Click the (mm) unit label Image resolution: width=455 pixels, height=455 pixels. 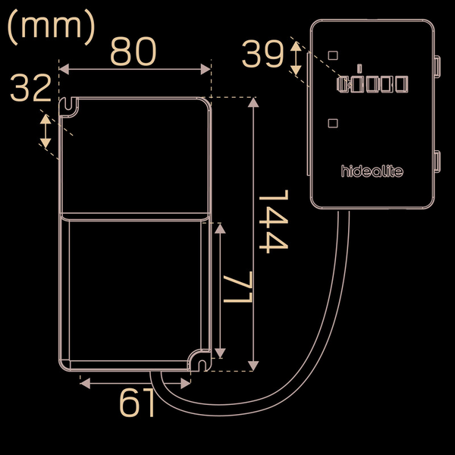(51, 27)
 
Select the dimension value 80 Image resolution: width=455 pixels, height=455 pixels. (133, 52)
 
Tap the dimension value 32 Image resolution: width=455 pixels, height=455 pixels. (31, 88)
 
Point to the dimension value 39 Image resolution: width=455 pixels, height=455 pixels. (262, 54)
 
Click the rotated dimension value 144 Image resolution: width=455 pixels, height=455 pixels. (274, 221)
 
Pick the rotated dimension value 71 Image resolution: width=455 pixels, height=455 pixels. (237, 287)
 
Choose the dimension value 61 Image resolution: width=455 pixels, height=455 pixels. (136, 403)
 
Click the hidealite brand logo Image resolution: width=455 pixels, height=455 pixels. (372, 171)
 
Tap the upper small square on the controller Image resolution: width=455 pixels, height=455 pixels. (333, 55)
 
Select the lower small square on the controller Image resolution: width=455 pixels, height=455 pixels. (333, 123)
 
